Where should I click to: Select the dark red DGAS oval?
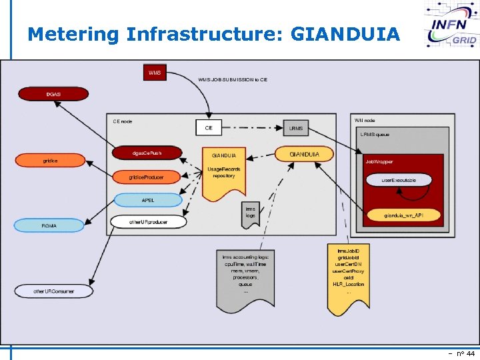coord(53,95)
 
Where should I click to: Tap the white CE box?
coord(209,127)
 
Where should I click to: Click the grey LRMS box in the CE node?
coord(295,127)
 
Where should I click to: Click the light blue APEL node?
coord(148,199)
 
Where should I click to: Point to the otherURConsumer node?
coord(54,291)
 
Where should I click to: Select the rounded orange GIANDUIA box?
coord(304,155)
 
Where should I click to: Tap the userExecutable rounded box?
coord(399,181)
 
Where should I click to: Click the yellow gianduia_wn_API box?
coord(403,215)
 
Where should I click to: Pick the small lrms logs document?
coord(250,213)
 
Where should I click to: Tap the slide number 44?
coord(469,353)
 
